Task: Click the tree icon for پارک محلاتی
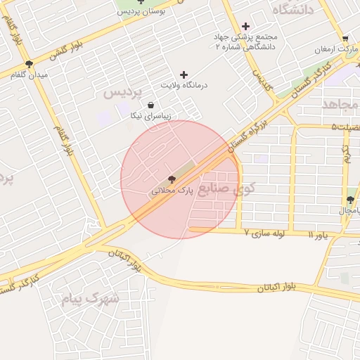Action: pyautogui.click(x=172, y=180)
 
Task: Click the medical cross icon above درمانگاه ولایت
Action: pyautogui.click(x=184, y=75)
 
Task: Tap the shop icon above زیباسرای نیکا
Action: pyautogui.click(x=150, y=105)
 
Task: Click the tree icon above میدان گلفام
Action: pyautogui.click(x=29, y=64)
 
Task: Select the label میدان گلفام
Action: pyautogui.click(x=29, y=75)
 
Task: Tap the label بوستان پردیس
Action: pyautogui.click(x=144, y=12)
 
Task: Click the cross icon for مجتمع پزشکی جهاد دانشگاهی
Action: pyautogui.click(x=245, y=26)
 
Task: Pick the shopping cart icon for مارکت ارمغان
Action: pyautogui.click(x=345, y=39)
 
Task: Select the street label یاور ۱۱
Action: pyautogui.click(x=317, y=233)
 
